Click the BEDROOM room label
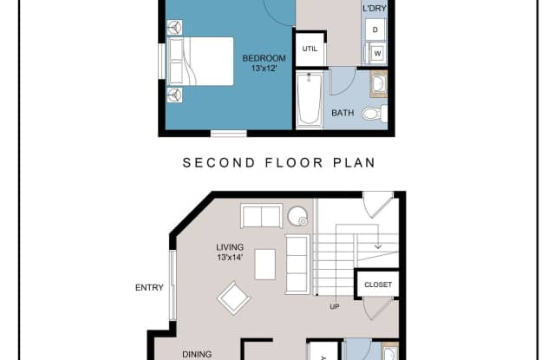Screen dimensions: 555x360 (x=264, y=58)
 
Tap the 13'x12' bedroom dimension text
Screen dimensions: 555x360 (x=264, y=68)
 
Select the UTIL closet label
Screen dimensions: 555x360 (x=310, y=49)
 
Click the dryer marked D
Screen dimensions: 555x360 (x=375, y=29)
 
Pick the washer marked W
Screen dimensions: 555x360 (x=377, y=54)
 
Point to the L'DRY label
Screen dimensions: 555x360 (x=374, y=9)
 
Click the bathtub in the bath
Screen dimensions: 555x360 (x=310, y=99)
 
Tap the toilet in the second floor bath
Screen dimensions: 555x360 (x=375, y=114)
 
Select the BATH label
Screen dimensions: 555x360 (x=343, y=113)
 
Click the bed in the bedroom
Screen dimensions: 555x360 (x=200, y=62)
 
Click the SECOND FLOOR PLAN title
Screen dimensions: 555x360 (x=279, y=163)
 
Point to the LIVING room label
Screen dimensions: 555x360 (x=230, y=247)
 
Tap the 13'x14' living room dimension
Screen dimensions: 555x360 (x=230, y=258)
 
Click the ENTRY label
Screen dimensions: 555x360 (x=149, y=288)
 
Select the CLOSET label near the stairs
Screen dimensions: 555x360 (x=378, y=285)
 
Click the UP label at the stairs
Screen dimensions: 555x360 (x=335, y=306)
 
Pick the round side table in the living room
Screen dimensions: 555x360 (x=297, y=216)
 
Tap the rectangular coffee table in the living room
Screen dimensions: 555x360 (x=265, y=265)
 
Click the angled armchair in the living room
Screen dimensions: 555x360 (x=233, y=298)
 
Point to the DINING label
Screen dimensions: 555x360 (x=197, y=354)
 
